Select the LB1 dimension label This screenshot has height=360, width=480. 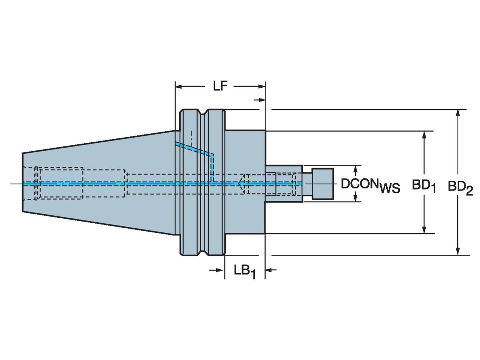(x=244, y=272)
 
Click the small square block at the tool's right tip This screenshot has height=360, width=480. (x=322, y=184)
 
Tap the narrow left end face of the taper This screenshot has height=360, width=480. (x=22, y=182)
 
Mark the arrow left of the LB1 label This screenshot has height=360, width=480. (x=218, y=271)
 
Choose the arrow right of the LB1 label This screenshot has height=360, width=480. (x=270, y=271)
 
